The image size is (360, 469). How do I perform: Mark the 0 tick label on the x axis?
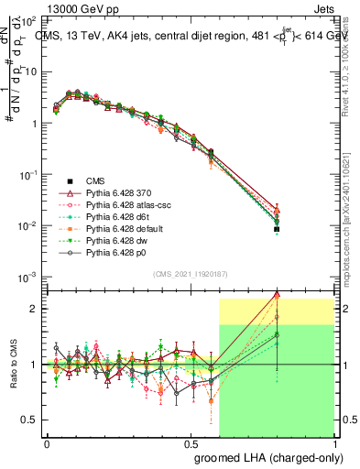coord(47,442)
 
